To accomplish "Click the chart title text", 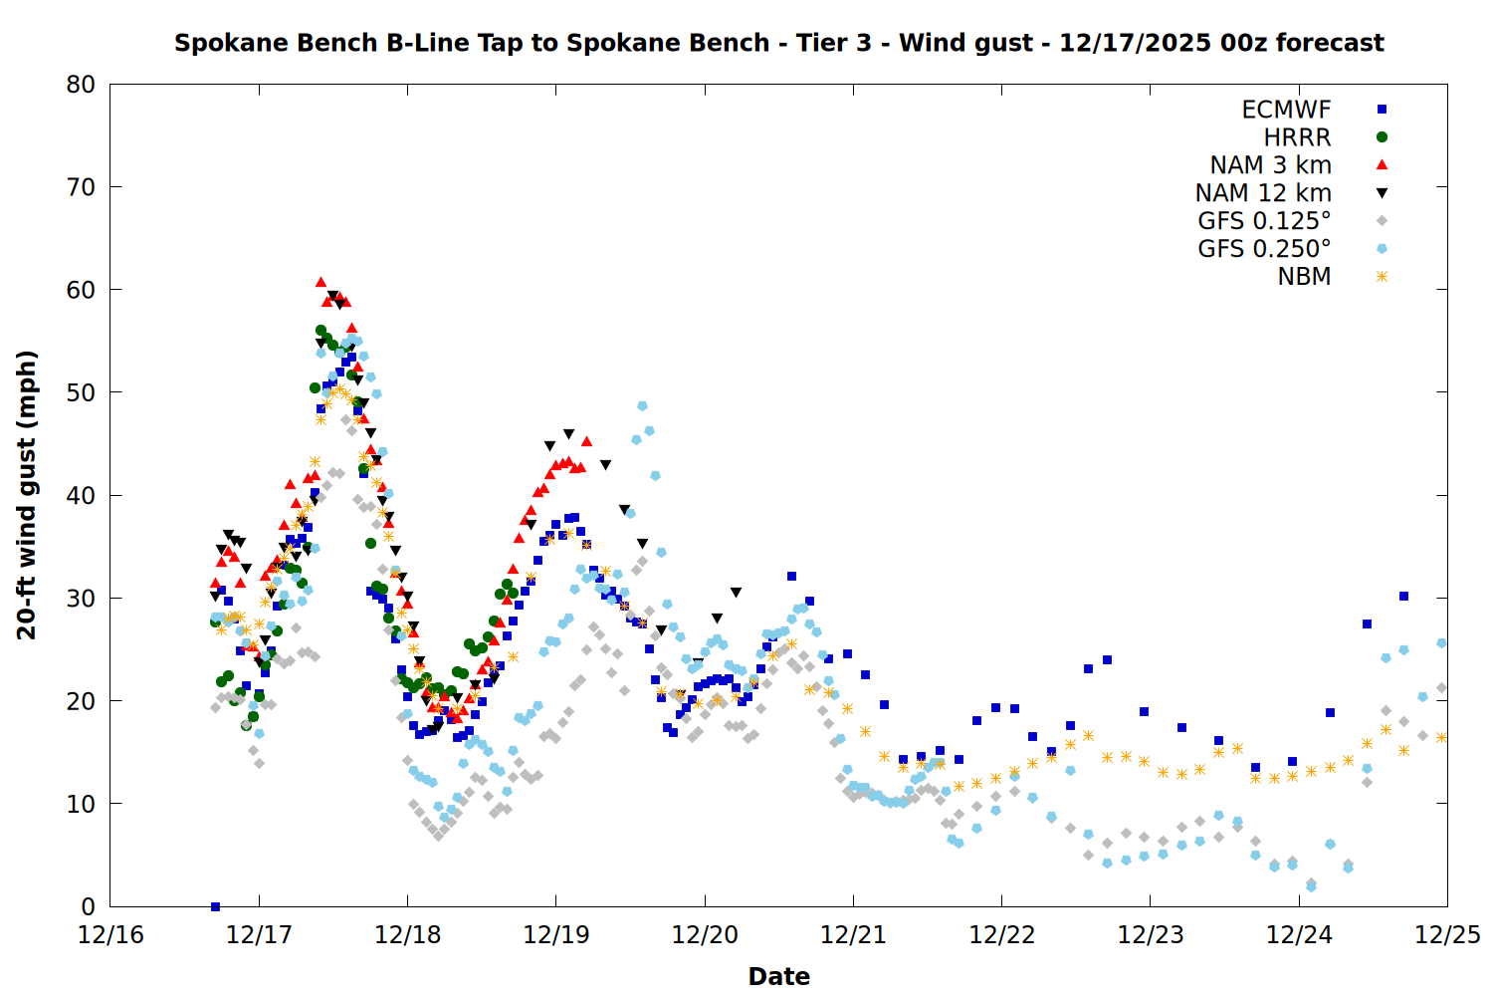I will [778, 43].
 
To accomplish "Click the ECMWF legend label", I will [1286, 110].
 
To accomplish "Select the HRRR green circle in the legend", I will [1382, 137].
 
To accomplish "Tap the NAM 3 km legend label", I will [1270, 165].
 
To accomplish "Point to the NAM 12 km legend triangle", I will [1382, 193].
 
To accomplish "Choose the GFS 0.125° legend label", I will [1264, 221].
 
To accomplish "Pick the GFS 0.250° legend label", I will [1264, 249].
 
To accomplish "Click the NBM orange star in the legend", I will [1382, 277].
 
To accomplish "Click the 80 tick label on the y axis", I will [81, 85].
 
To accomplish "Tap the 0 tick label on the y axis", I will [89, 906].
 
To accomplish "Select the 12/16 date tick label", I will [109, 935].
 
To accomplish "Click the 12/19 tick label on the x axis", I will [555, 935].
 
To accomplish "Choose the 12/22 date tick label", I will [1001, 935].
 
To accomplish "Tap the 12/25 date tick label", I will [1447, 935].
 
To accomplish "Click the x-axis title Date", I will [778, 976].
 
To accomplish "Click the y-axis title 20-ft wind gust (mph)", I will [27, 495].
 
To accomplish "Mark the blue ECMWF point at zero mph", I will [215, 906].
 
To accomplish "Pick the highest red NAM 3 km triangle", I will [320, 283].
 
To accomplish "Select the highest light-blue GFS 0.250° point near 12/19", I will [642, 406].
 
